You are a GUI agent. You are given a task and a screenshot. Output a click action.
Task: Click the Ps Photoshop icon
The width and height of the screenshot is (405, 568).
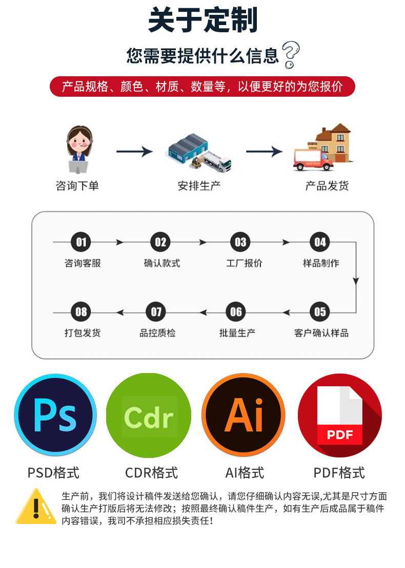(55, 415)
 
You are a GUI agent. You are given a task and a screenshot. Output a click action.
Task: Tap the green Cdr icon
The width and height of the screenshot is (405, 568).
(149, 415)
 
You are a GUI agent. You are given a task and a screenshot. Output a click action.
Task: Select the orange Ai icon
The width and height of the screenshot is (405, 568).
(243, 415)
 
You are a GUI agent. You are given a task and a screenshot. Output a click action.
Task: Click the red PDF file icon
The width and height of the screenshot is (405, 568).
(339, 415)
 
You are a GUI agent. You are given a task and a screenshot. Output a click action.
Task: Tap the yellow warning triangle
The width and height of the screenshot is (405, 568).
(35, 507)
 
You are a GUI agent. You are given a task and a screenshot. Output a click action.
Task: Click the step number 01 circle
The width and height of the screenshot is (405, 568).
(81, 242)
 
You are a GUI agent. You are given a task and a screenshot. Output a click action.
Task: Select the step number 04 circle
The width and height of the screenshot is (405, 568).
(320, 242)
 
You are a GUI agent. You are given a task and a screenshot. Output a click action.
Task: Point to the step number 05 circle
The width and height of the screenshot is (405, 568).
(320, 312)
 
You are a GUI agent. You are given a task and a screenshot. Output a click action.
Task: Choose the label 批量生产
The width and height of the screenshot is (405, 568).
(237, 333)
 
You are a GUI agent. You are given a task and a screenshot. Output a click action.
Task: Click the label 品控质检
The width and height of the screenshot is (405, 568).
(157, 333)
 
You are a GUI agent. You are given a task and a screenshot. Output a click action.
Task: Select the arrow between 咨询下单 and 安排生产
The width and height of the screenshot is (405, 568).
(134, 151)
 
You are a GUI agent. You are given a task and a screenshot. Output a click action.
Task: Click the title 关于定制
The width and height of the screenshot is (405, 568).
(202, 20)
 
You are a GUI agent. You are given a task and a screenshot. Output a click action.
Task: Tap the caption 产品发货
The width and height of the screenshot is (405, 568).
(327, 186)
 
